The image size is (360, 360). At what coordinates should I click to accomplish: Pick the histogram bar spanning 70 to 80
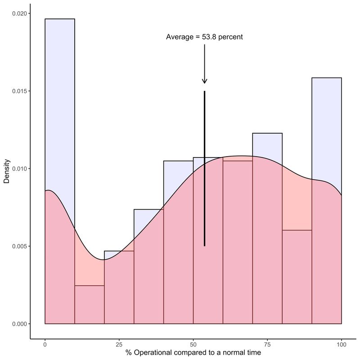pos(267,225)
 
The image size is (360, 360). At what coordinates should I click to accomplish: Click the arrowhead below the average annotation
pos(204,81)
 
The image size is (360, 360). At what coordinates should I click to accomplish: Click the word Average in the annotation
pos(180,37)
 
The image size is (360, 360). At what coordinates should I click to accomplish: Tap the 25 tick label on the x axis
pos(119,344)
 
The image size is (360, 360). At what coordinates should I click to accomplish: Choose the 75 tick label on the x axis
pos(267,344)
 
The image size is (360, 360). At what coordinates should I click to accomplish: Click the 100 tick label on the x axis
pos(341,344)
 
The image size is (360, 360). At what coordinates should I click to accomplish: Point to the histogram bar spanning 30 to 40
pos(148,270)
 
